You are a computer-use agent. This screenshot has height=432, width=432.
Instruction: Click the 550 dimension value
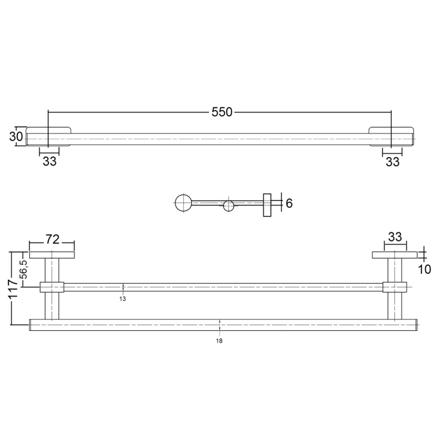[x=222, y=112]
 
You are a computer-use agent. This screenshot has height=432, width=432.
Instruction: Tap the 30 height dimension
[x=16, y=136]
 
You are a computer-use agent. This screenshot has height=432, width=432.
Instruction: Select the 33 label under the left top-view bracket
[x=49, y=161]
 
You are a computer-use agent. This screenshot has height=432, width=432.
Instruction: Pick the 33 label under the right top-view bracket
[x=393, y=162]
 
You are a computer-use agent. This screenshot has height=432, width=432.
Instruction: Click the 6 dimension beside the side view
[x=289, y=203]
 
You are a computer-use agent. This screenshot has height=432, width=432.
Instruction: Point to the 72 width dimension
[x=52, y=240]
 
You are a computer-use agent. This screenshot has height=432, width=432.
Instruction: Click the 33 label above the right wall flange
[x=395, y=237]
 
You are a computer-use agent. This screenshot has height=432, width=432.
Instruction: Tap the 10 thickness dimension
[x=425, y=269]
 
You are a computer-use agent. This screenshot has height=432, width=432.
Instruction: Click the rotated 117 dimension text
[x=13, y=288]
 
